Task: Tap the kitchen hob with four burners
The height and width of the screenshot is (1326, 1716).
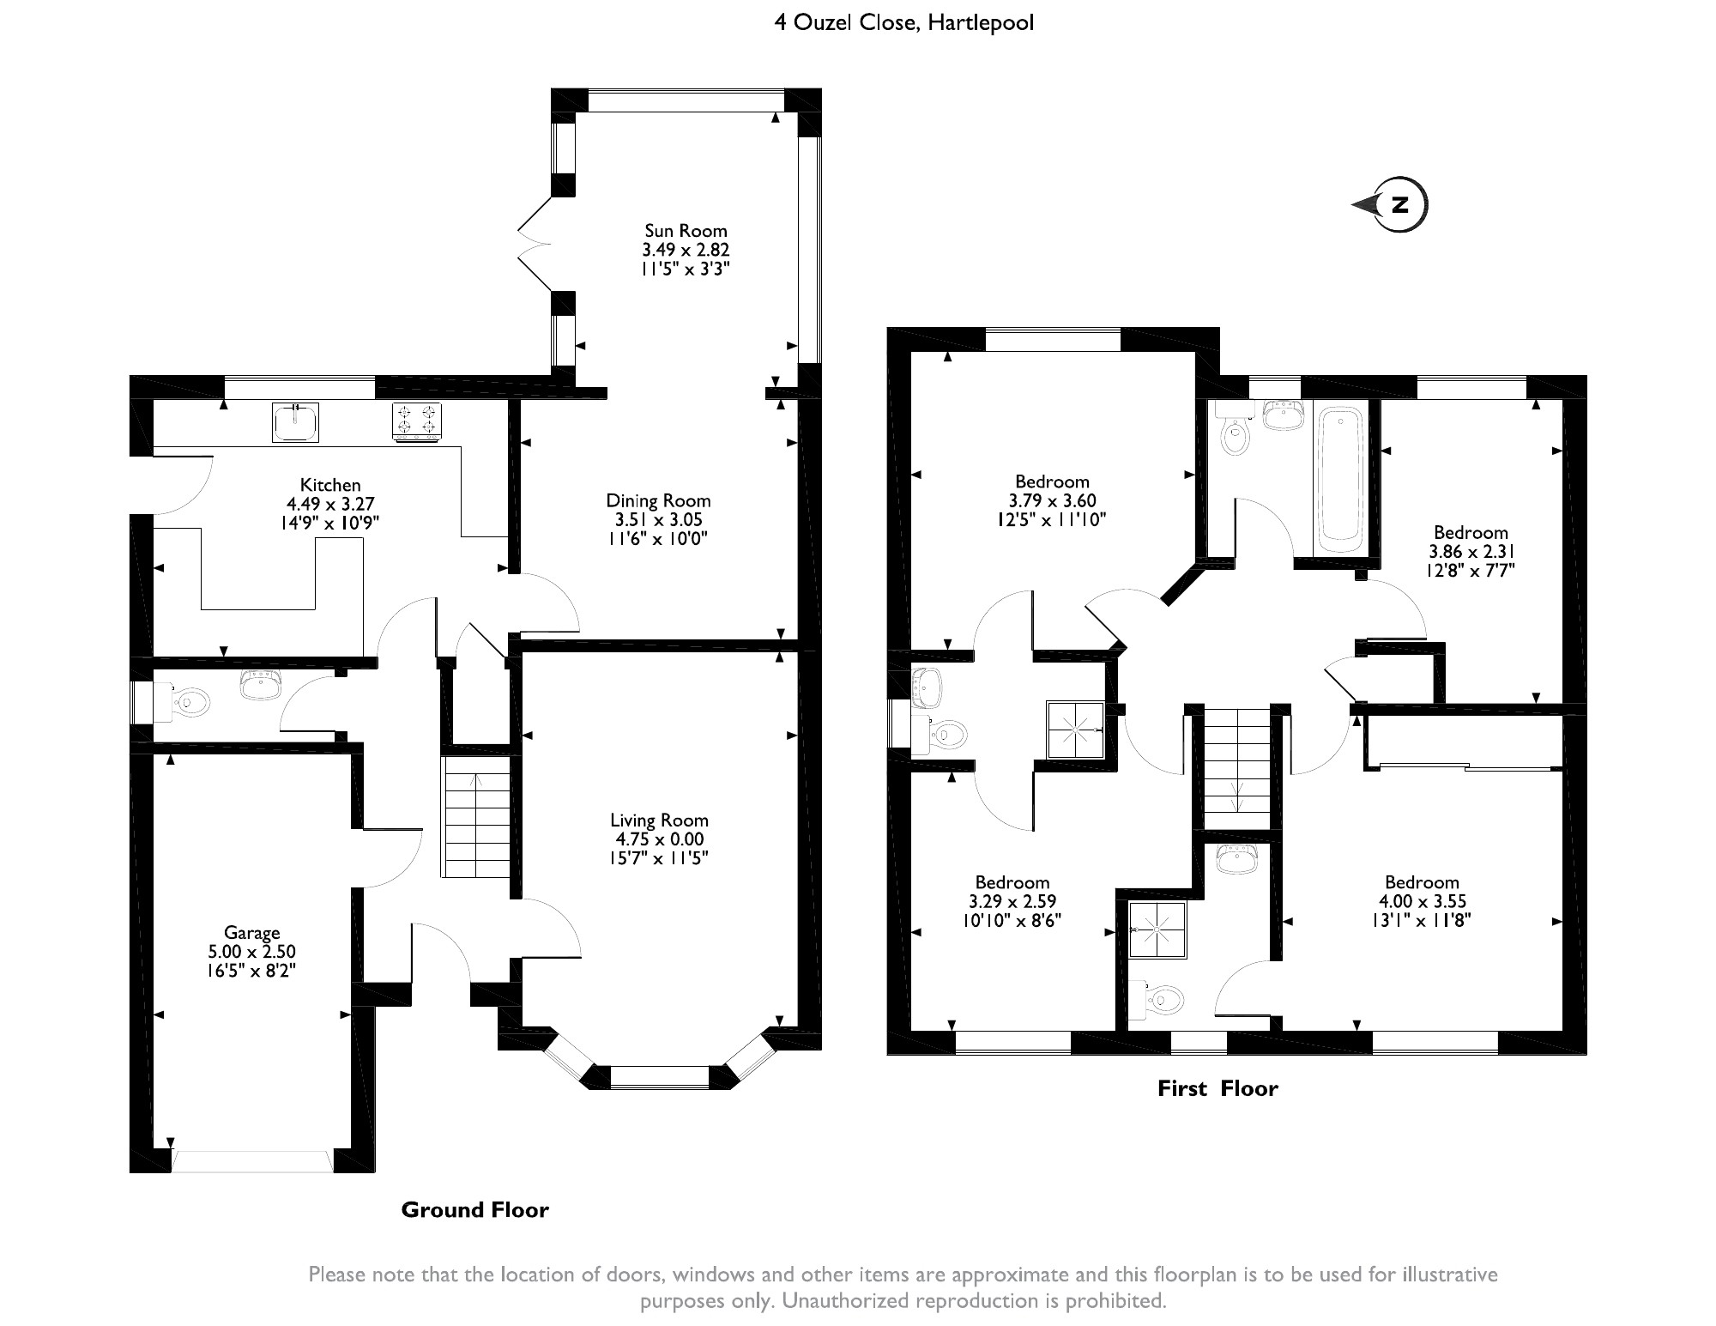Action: pyautogui.click(x=417, y=421)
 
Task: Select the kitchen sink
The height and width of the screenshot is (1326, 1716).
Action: pyautogui.click(x=296, y=421)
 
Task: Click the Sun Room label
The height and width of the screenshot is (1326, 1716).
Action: pyautogui.click(x=686, y=231)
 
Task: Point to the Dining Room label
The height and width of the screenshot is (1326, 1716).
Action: pyautogui.click(x=658, y=500)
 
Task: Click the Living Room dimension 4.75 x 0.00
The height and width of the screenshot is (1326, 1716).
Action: pyautogui.click(x=659, y=839)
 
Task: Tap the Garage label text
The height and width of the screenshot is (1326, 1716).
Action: pyautogui.click(x=252, y=933)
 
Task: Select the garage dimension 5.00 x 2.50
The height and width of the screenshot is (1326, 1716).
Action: pyautogui.click(x=252, y=952)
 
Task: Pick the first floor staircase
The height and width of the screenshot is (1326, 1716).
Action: pyautogui.click(x=1236, y=769)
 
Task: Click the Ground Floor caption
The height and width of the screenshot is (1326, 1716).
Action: pyautogui.click(x=474, y=1210)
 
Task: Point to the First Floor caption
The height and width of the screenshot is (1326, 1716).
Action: pyautogui.click(x=1218, y=1089)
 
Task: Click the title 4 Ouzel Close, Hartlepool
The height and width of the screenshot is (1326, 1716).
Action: pyautogui.click(x=904, y=22)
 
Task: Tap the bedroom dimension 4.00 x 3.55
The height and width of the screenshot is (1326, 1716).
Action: pyautogui.click(x=1422, y=901)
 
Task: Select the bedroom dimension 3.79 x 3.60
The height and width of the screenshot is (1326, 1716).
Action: pyautogui.click(x=1052, y=500)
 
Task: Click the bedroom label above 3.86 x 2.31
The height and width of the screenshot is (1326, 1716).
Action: pyautogui.click(x=1471, y=533)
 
